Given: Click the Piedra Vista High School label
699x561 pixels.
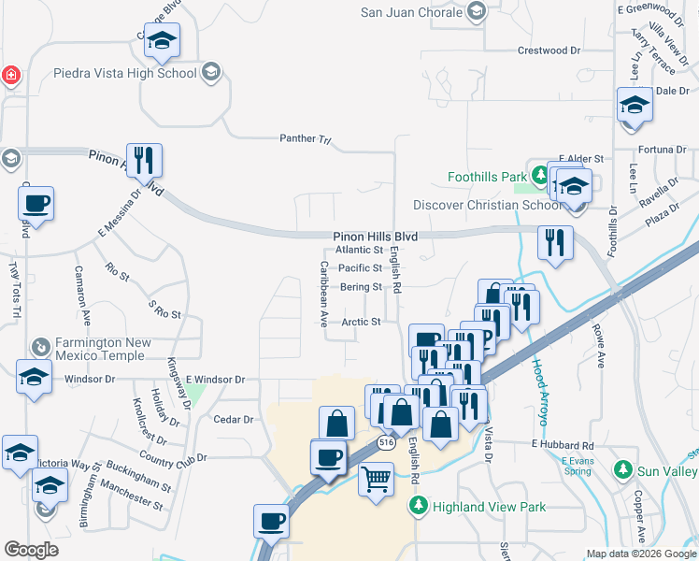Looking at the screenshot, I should coord(138,73).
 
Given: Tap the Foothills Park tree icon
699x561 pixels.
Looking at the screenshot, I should coord(539,175).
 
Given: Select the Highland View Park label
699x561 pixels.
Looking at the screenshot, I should coord(472,507).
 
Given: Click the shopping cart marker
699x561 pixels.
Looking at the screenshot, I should coord(376,480).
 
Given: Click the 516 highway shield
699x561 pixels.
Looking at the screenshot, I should coord(385,440).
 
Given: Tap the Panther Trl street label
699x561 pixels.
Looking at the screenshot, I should coord(306,139).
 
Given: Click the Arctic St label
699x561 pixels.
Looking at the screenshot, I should coord(361,322).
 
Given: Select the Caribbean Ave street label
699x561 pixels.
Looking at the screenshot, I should coord(323,293).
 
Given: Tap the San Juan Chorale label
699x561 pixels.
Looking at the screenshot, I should coord(412,12).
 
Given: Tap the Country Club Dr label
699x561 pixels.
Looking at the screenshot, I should coord(171,458).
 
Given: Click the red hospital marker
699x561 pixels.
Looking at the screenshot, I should coord(10,75).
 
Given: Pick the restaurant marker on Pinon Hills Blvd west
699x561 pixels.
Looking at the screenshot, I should coord(144,161).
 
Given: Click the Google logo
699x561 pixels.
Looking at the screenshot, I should coord(31,550).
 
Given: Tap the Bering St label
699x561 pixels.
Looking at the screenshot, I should coord(361,287).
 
